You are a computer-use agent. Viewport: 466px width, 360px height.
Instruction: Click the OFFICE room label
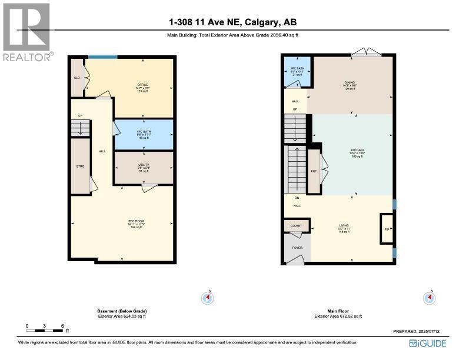click(x=142, y=85)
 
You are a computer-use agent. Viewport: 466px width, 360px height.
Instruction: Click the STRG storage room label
click(x=80, y=166)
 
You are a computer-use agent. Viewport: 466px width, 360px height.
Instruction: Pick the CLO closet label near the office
click(x=76, y=78)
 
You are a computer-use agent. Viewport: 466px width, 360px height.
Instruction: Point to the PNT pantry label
click(x=314, y=171)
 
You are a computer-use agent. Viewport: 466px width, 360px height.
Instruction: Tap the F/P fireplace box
click(x=387, y=228)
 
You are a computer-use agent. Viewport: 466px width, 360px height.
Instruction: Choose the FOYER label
click(x=297, y=248)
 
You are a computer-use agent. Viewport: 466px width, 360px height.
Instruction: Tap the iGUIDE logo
click(x=428, y=344)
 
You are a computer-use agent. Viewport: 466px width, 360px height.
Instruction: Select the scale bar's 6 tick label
click(x=62, y=325)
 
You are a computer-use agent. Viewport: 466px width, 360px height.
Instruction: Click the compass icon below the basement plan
click(x=207, y=298)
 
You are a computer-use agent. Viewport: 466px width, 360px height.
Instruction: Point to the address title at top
click(x=233, y=22)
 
